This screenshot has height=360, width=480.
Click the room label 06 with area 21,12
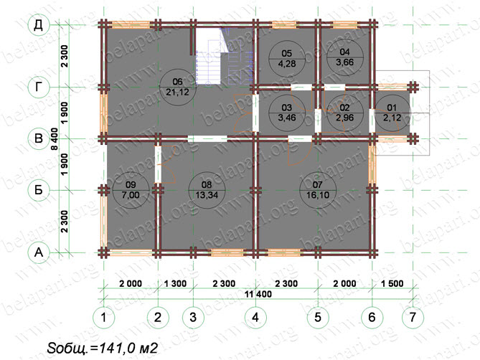coord(178,87)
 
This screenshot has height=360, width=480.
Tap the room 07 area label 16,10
coord(317,190)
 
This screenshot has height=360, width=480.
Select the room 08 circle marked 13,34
coord(207,190)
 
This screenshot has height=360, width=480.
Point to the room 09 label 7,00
coord(131,190)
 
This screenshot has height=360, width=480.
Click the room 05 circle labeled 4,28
coord(287,58)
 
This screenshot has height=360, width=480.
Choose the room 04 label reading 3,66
coord(344,57)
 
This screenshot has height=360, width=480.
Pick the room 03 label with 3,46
coord(287,113)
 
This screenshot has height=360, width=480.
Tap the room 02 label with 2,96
coord(344,113)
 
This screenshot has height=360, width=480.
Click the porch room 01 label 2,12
coord(392,113)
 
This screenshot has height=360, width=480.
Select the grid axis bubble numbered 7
coord(413,317)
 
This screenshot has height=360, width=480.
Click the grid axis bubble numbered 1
coord(104,317)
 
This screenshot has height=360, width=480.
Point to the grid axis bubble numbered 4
coord(255,317)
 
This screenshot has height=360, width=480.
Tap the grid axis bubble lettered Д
coord(39,25)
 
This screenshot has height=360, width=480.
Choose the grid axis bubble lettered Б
coord(39,190)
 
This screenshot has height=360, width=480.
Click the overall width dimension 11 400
coord(258,294)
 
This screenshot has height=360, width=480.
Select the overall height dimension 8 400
coord(55,139)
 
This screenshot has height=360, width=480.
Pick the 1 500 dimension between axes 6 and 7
coord(392,283)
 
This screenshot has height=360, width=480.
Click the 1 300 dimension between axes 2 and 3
coord(175,283)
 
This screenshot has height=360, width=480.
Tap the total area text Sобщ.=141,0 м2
coord(103,348)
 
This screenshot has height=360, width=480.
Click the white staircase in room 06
coord(209,56)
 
